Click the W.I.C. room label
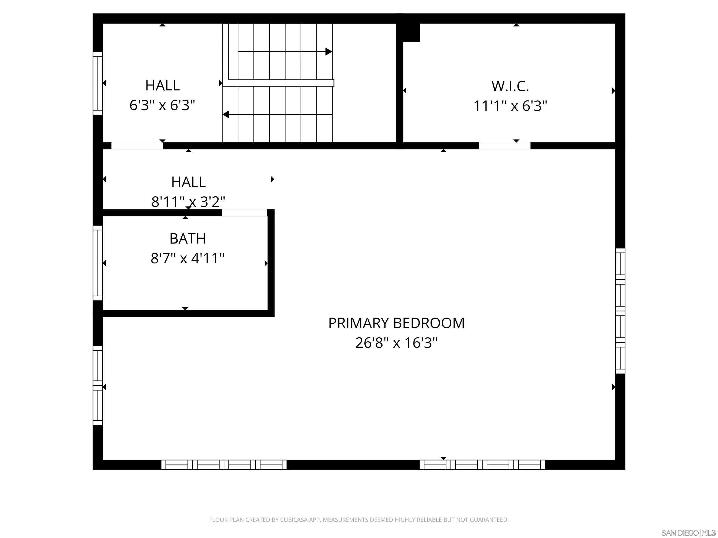(510, 86)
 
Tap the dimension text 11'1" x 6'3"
(510, 106)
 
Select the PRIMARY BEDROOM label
(396, 323)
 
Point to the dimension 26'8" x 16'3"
(396, 343)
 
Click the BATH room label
(188, 239)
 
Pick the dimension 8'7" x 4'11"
(188, 258)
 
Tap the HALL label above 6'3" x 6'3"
(162, 86)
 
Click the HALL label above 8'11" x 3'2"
(188, 182)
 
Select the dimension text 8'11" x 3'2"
(188, 202)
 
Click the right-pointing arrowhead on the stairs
(328, 52)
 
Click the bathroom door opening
(244, 213)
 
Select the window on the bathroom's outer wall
(98, 263)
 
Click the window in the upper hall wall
(98, 83)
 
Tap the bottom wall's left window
(224, 465)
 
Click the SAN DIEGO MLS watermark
(688, 532)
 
